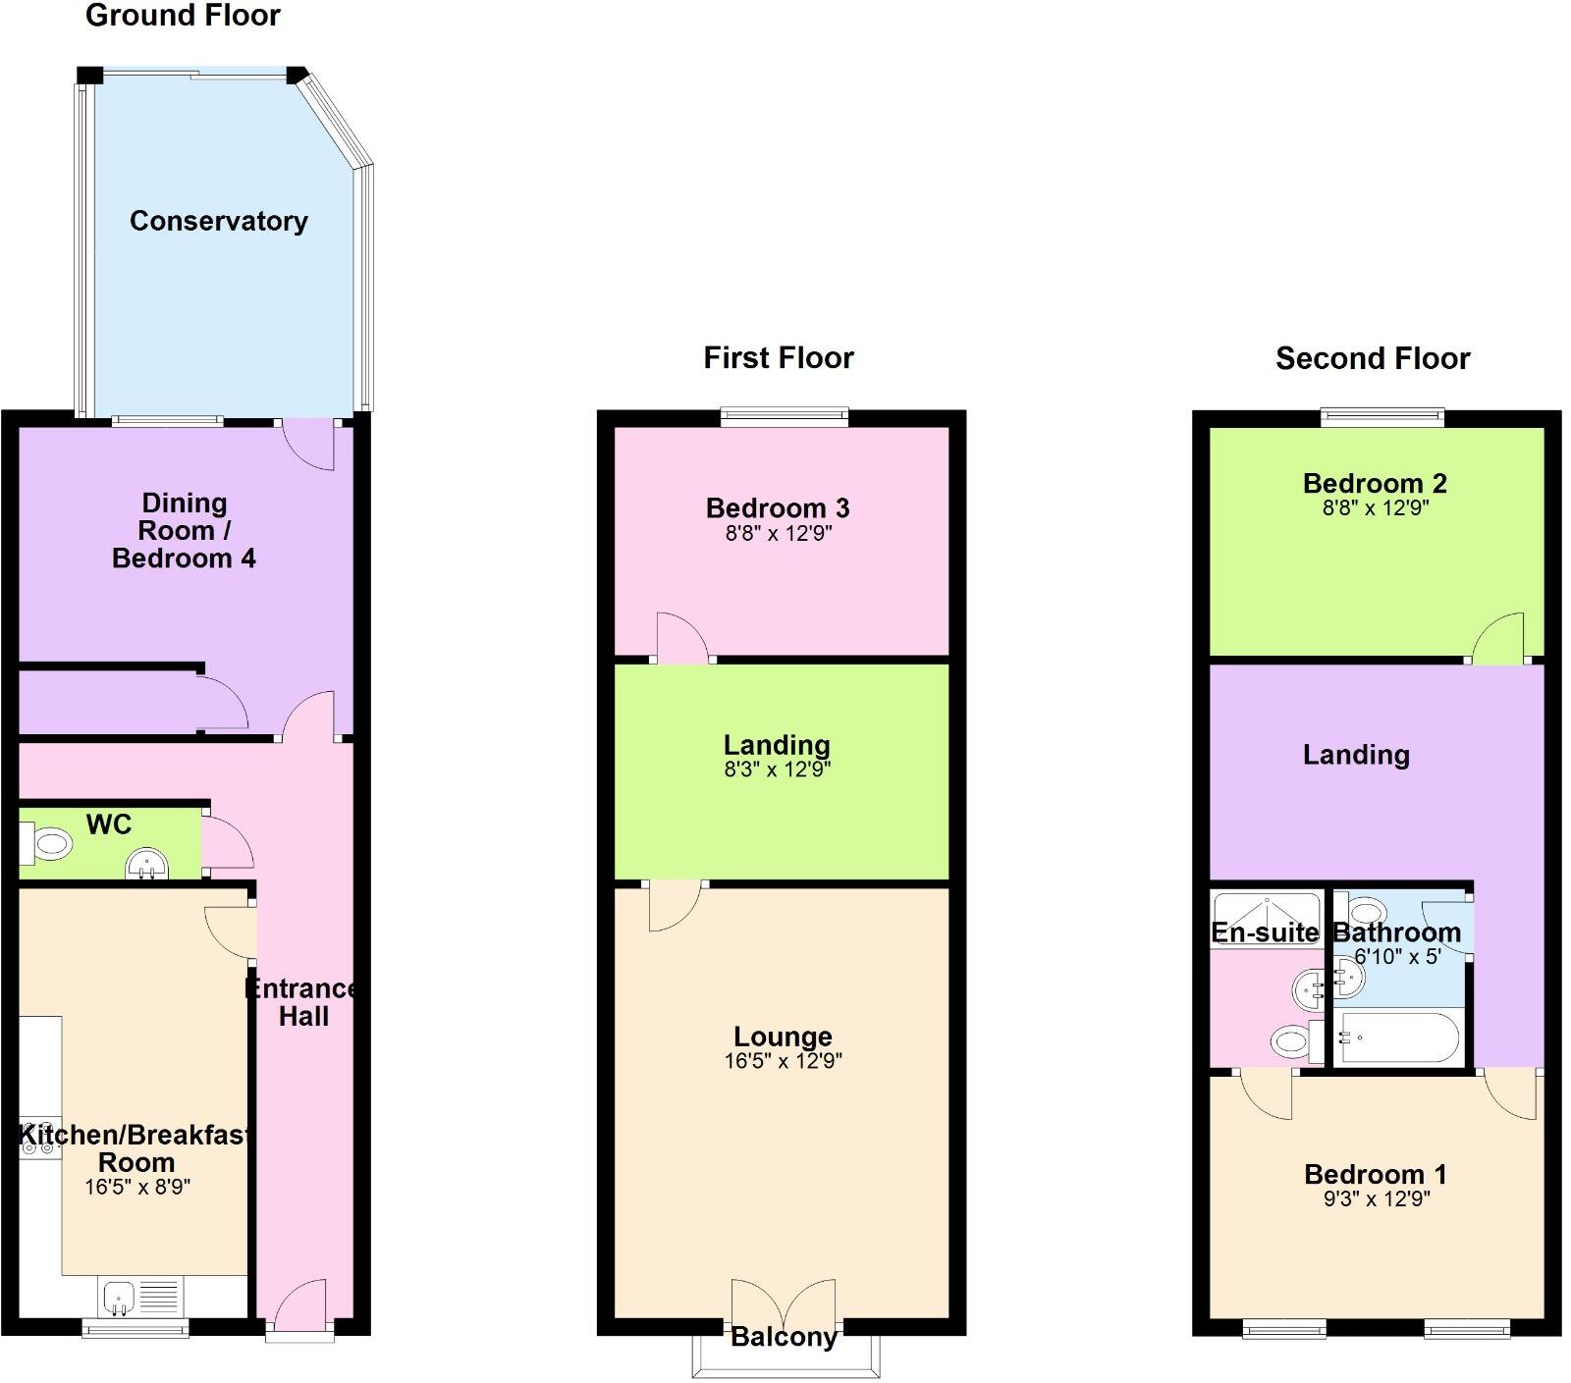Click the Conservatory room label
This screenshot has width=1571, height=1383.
pos(218,221)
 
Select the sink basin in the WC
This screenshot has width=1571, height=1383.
pos(147,865)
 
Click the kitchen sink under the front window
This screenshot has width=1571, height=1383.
pos(119,1297)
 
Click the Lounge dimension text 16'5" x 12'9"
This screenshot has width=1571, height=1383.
pos(783,1061)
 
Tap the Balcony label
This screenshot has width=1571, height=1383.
pos(784,1337)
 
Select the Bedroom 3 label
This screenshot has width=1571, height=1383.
pos(778,508)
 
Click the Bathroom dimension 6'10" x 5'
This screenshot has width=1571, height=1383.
pos(1396,957)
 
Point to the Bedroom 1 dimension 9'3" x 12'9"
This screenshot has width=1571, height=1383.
pos(1376,1199)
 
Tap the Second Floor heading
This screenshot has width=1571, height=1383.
pos(1372,358)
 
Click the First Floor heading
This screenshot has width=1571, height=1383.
pos(779,357)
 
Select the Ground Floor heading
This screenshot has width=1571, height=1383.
pos(183,16)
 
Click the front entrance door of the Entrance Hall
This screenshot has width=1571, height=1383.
pos(299,1305)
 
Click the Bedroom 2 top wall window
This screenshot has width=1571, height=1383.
pos(1381,418)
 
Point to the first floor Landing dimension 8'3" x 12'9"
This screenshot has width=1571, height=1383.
pos(777,771)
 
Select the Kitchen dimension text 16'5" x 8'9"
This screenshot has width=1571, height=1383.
pos(136,1187)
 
